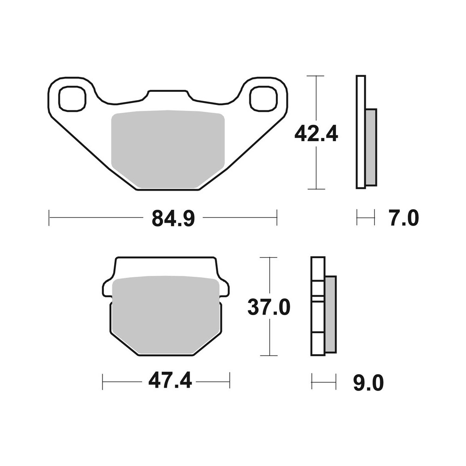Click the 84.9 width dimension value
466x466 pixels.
tap(172, 218)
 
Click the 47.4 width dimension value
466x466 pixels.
tap(170, 382)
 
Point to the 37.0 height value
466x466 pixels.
tap(269, 307)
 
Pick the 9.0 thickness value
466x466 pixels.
tap(368, 383)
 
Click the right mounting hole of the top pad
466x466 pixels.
tap(264, 99)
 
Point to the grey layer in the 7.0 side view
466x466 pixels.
tap(371, 147)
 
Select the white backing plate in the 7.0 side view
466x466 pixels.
tap(360, 132)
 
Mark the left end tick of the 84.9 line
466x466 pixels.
tap(49, 218)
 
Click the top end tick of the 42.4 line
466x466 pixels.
tap(316, 75)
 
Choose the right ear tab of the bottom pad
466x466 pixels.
tap(225, 288)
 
